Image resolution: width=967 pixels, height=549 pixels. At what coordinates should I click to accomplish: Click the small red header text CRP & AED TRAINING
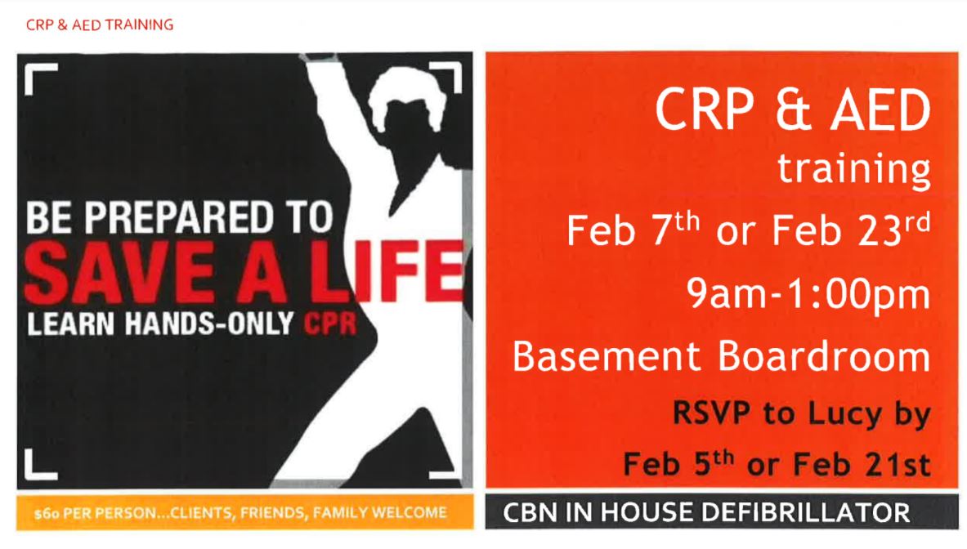coord(99,25)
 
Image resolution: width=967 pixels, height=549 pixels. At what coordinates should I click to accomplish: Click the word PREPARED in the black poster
coord(178,217)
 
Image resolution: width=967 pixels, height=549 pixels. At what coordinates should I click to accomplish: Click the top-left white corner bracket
coord(41,79)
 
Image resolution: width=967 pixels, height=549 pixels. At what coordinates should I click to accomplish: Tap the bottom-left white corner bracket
coord(41,465)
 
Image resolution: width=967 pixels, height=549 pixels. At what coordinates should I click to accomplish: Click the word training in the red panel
coord(853,169)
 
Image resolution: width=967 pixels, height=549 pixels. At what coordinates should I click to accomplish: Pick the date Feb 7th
coord(633,230)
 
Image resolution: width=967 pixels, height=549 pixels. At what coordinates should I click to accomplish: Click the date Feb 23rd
coord(851,230)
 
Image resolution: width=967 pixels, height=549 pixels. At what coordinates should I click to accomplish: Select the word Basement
coord(607,356)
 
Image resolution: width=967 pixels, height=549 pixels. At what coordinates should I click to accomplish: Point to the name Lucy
coord(844,414)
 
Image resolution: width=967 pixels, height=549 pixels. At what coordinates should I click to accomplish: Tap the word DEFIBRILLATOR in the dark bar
coord(798,513)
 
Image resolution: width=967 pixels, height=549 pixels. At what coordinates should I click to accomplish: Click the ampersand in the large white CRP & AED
coord(793,109)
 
